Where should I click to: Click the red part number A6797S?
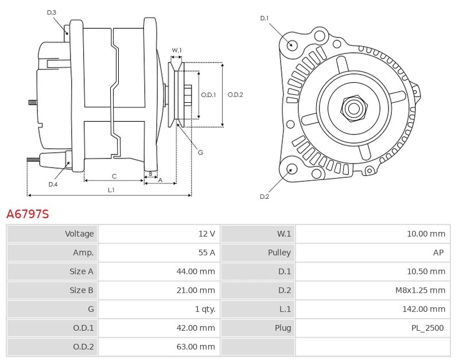tap(28, 214)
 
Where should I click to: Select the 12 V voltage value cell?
tap(160, 234)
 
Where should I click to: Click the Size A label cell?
tap(52, 271)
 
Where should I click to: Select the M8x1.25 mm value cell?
tap(372, 290)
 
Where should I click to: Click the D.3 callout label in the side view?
tap(52, 13)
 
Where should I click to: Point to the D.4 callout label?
tap(53, 184)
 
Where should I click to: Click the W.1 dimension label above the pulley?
tap(177, 50)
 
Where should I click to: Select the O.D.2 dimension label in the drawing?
tap(235, 95)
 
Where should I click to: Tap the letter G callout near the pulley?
tap(200, 152)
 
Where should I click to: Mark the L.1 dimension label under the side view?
tap(111, 190)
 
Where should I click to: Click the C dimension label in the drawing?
tap(114, 176)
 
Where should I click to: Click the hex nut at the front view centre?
tap(353, 109)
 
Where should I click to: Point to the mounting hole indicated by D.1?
tap(291, 45)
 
